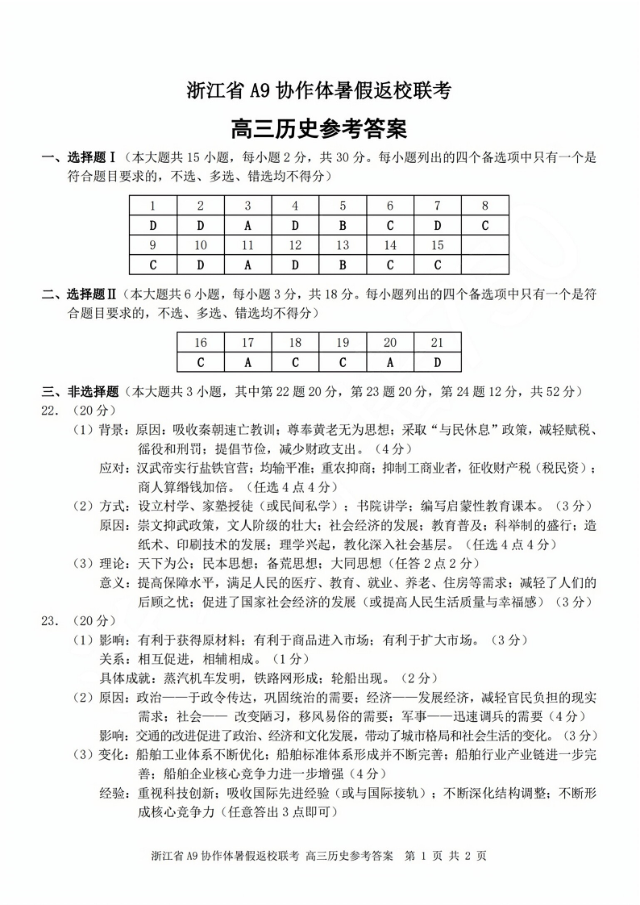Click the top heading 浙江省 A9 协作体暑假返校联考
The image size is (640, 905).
point(319,91)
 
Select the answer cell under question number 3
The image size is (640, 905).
point(247,225)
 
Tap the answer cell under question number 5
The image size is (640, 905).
point(343,225)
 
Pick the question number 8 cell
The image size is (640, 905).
point(485,206)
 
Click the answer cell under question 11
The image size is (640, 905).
point(247,265)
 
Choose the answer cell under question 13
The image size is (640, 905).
point(343,265)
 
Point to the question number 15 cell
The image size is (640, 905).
point(438,245)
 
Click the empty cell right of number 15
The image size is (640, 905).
point(485,245)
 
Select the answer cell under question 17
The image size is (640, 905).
point(247,362)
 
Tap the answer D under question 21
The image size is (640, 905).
point(438,362)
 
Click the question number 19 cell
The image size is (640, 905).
point(343,343)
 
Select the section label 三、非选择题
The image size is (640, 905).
point(80,392)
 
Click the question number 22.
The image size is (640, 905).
point(51,410)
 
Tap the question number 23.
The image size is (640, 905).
point(51,621)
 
